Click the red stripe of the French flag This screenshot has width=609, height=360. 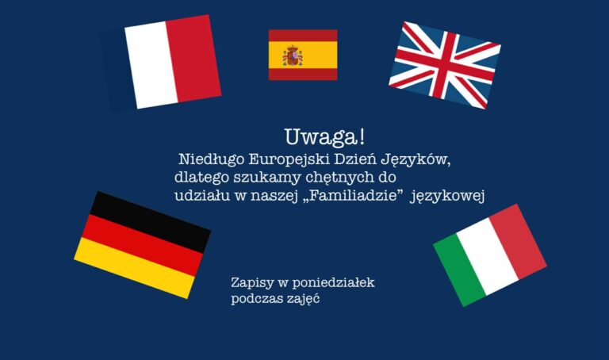(x=193, y=59)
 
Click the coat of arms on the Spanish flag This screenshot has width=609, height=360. (x=293, y=56)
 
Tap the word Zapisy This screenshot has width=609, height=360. (x=247, y=283)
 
